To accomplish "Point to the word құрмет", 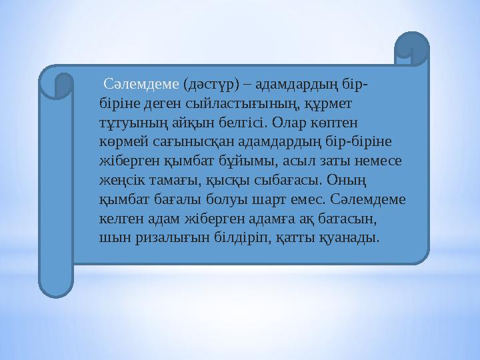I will click(330, 105).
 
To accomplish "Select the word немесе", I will click(379, 161).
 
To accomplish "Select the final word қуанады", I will click(352, 237).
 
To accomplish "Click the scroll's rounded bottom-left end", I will click(55, 283).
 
